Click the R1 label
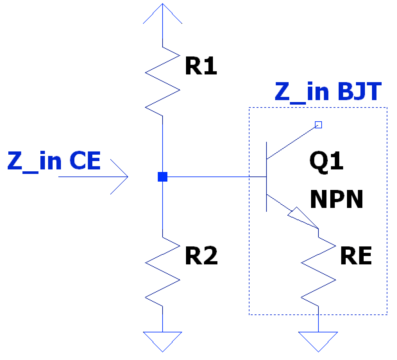pyautogui.click(x=201, y=66)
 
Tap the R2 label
pyautogui.click(x=201, y=256)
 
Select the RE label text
pyautogui.click(x=356, y=256)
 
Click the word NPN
pyautogui.click(x=336, y=199)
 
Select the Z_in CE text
pyautogui.click(x=54, y=162)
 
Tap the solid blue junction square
pyautogui.click(x=163, y=177)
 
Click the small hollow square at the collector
pyautogui.click(x=318, y=125)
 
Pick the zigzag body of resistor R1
pyautogui.click(x=163, y=81)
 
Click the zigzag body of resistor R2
pyautogui.click(x=163, y=271)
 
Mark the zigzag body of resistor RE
pyautogui.click(x=318, y=271)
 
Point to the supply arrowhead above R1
pyautogui.click(x=163, y=13)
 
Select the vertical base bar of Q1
pyautogui.click(x=266, y=177)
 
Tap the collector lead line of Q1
pyautogui.click(x=292, y=142)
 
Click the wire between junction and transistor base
pyautogui.click(x=217, y=177)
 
